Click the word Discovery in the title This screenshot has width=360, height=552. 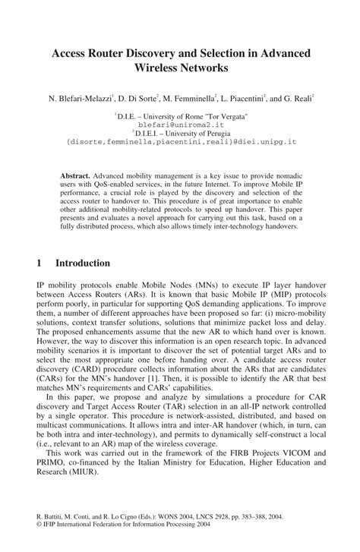[167, 55]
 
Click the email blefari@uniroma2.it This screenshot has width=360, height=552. [180, 123]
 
